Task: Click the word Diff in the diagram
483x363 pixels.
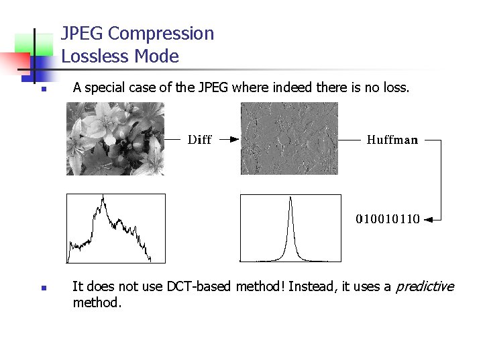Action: coord(199,140)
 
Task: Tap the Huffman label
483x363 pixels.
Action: coord(392,140)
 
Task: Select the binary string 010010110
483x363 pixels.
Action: coord(388,218)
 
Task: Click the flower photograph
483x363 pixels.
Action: coord(115,138)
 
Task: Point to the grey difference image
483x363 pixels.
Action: coord(289,138)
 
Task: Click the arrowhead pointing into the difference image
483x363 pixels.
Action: coord(234,140)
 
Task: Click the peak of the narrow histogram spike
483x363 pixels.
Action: coord(290,198)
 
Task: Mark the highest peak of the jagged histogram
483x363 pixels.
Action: coord(103,196)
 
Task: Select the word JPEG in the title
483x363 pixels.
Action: coord(82,34)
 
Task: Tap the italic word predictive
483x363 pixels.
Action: coord(425,286)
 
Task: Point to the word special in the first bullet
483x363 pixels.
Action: coord(103,87)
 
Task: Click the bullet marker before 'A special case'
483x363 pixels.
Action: coord(42,89)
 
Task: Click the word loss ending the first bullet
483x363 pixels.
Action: coord(394,87)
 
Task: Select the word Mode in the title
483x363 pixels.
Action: coord(160,56)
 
